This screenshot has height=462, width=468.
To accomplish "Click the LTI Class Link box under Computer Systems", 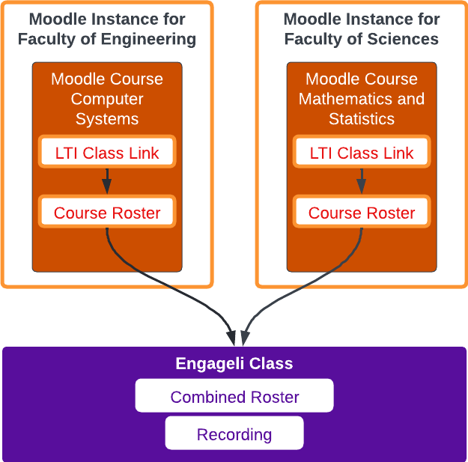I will [107, 153].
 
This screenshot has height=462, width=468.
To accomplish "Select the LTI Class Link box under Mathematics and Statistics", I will [362, 153].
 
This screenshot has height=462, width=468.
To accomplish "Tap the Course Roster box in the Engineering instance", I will [107, 213].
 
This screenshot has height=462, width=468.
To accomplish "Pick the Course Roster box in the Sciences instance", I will [362, 213].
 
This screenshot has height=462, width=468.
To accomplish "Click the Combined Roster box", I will [234, 397].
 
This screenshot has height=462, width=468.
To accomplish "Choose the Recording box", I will [234, 434].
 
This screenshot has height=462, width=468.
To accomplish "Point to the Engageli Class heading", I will [234, 365].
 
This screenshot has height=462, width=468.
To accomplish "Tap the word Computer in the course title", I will [107, 99].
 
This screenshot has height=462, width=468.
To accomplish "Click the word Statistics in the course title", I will [362, 118].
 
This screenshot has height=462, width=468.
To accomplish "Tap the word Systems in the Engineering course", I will [107, 118].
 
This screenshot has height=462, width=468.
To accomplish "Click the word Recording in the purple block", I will [234, 434].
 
